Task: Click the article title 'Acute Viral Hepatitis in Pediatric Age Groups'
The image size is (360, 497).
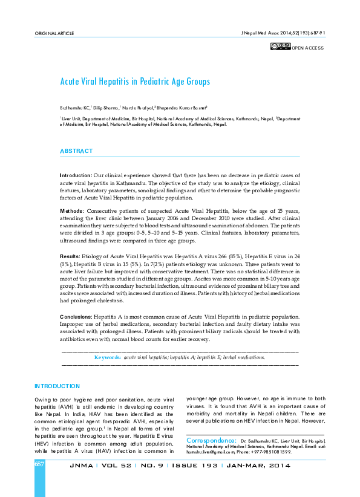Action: click(x=134, y=81)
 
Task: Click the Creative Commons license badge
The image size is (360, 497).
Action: click(x=281, y=47)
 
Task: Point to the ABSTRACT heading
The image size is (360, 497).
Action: click(x=76, y=151)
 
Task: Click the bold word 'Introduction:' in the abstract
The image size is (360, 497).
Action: click(x=76, y=175)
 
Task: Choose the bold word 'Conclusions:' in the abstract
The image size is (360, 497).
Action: click(x=76, y=317)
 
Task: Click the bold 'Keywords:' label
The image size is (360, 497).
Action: click(x=108, y=357)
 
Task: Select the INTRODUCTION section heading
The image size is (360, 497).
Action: click(x=57, y=386)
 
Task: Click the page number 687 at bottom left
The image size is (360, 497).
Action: click(x=40, y=464)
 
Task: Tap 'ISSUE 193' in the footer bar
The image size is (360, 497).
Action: click(x=196, y=466)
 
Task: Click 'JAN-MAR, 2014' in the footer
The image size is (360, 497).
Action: click(x=258, y=466)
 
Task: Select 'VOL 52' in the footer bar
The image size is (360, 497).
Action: click(x=114, y=466)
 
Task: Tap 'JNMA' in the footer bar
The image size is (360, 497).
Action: click(x=82, y=466)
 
